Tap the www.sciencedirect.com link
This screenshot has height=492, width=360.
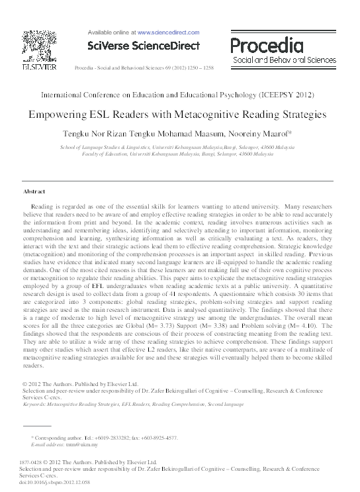click(168, 31)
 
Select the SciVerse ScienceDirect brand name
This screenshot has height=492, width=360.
click(144, 44)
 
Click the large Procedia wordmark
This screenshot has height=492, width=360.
click(275, 46)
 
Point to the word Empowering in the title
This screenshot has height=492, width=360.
click(61, 114)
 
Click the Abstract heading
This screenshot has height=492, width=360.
click(34, 191)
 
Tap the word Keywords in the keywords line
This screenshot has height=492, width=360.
click(36, 403)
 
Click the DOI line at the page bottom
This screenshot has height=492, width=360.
click(54, 483)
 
